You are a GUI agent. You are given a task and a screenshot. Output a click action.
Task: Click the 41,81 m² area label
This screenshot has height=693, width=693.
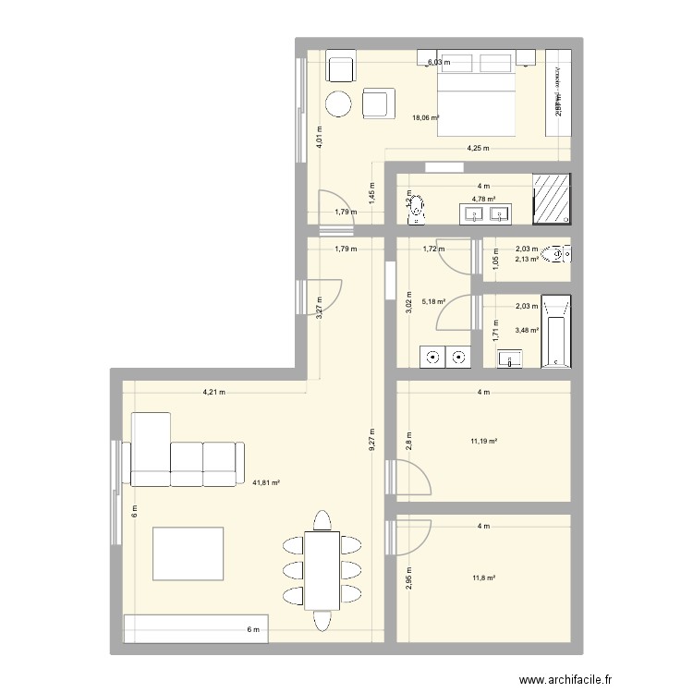(266, 481)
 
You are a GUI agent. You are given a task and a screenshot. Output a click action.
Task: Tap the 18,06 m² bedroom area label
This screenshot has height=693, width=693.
(426, 117)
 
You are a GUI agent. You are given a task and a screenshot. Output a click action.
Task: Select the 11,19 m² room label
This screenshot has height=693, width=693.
(484, 442)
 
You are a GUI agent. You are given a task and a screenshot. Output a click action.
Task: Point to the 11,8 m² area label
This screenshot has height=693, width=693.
(484, 577)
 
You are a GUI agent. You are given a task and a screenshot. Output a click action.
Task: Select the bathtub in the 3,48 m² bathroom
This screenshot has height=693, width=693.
(555, 332)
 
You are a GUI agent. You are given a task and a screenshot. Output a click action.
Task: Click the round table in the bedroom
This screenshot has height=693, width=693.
(339, 104)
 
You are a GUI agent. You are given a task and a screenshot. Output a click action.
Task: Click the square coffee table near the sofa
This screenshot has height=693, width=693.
(188, 552)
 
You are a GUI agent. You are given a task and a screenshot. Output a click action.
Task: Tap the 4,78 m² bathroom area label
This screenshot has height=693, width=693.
(484, 198)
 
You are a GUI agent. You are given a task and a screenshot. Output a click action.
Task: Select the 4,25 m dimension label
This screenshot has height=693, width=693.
(477, 148)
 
